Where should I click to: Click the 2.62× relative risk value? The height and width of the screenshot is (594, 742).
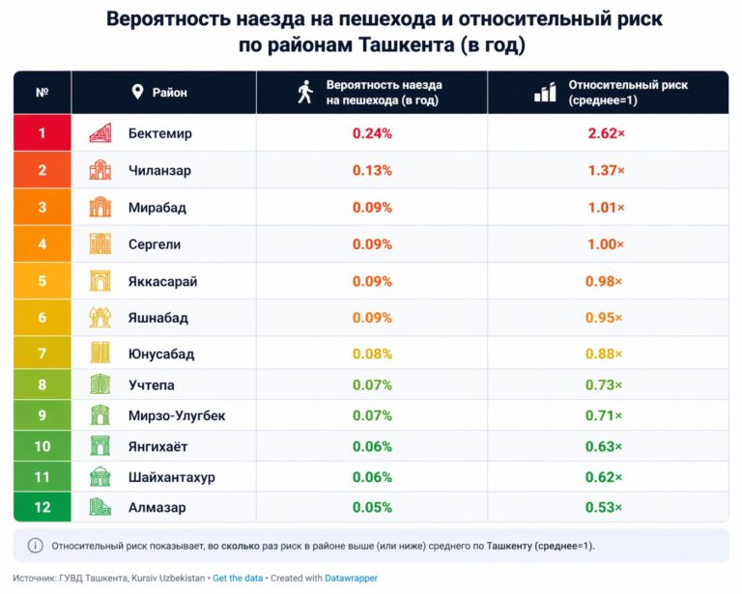[607, 133]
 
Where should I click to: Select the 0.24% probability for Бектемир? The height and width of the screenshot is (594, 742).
[372, 133]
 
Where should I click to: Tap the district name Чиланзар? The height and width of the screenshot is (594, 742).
[159, 171]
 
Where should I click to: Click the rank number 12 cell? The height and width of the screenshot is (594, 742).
[42, 507]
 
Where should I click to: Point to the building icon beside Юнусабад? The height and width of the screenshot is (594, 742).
[100, 354]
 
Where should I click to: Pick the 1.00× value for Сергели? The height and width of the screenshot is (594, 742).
[607, 244]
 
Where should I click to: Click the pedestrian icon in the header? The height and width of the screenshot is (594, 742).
[305, 93]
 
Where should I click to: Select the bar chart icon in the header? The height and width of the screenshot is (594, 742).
[545, 93]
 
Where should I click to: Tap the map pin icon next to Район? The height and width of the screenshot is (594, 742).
[137, 93]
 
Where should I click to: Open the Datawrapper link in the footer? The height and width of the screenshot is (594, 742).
[350, 579]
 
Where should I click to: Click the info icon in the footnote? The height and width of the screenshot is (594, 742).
[35, 546]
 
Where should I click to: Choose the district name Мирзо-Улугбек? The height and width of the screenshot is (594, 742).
[177, 415]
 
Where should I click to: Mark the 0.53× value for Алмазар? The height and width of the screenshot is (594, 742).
[607, 507]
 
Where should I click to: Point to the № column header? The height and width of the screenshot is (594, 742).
[42, 93]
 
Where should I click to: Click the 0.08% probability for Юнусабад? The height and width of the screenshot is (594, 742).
[372, 354]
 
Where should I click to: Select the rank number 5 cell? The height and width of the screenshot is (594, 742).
[42, 281]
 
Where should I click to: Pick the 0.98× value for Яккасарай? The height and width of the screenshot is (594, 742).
[607, 281]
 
